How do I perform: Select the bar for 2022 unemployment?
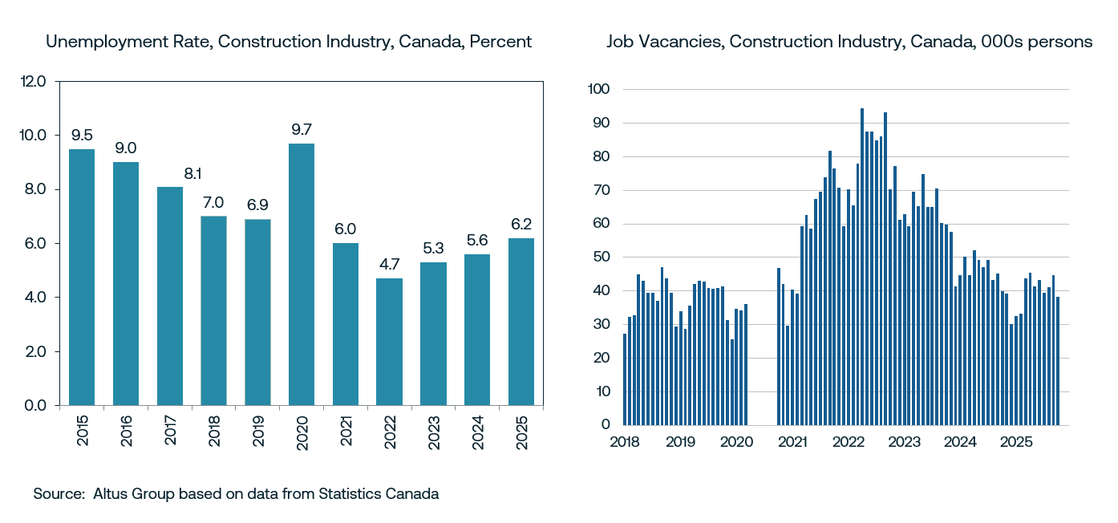(x=389, y=342)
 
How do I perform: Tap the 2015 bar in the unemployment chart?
(x=82, y=277)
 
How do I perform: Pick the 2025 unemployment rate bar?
(x=521, y=322)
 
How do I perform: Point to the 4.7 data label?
(x=389, y=263)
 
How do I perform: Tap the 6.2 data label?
(x=521, y=223)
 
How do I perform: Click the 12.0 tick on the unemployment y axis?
(x=34, y=81)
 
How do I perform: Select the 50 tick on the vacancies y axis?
(x=602, y=257)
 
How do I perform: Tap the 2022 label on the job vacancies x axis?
(x=848, y=442)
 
